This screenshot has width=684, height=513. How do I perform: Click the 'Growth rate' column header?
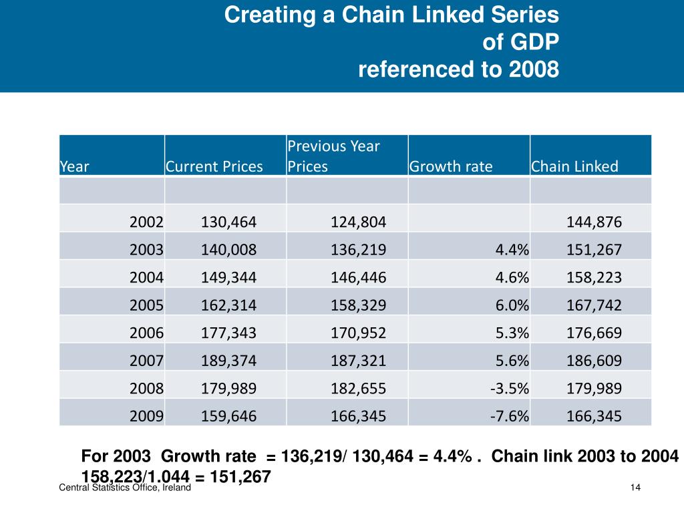pyautogui.click(x=450, y=166)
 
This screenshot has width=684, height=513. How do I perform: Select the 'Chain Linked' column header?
pyautogui.click(x=574, y=166)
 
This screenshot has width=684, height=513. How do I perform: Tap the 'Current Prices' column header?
pyautogui.click(x=214, y=166)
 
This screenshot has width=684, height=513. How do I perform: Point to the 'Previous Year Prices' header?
pyautogui.click(x=333, y=156)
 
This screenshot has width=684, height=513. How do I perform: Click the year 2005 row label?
pyautogui.click(x=146, y=305)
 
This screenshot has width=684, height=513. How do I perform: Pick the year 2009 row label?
pyautogui.click(x=146, y=417)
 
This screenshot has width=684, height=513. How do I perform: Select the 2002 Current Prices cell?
pyautogui.click(x=228, y=222)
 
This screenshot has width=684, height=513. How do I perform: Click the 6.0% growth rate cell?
pyautogui.click(x=512, y=305)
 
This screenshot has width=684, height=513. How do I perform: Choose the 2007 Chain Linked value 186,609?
pyautogui.click(x=594, y=361)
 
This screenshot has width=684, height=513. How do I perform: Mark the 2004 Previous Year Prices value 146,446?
pyautogui.click(x=358, y=278)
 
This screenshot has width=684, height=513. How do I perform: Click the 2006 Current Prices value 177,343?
pyautogui.click(x=228, y=333)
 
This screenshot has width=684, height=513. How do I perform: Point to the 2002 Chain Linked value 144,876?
pyautogui.click(x=594, y=222)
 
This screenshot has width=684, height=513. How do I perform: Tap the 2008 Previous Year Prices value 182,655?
pyautogui.click(x=358, y=389)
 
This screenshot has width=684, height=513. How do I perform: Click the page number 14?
pyautogui.click(x=635, y=488)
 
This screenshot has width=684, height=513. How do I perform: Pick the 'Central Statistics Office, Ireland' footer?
pyautogui.click(x=126, y=488)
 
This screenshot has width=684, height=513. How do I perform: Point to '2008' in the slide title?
pyautogui.click(x=534, y=69)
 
